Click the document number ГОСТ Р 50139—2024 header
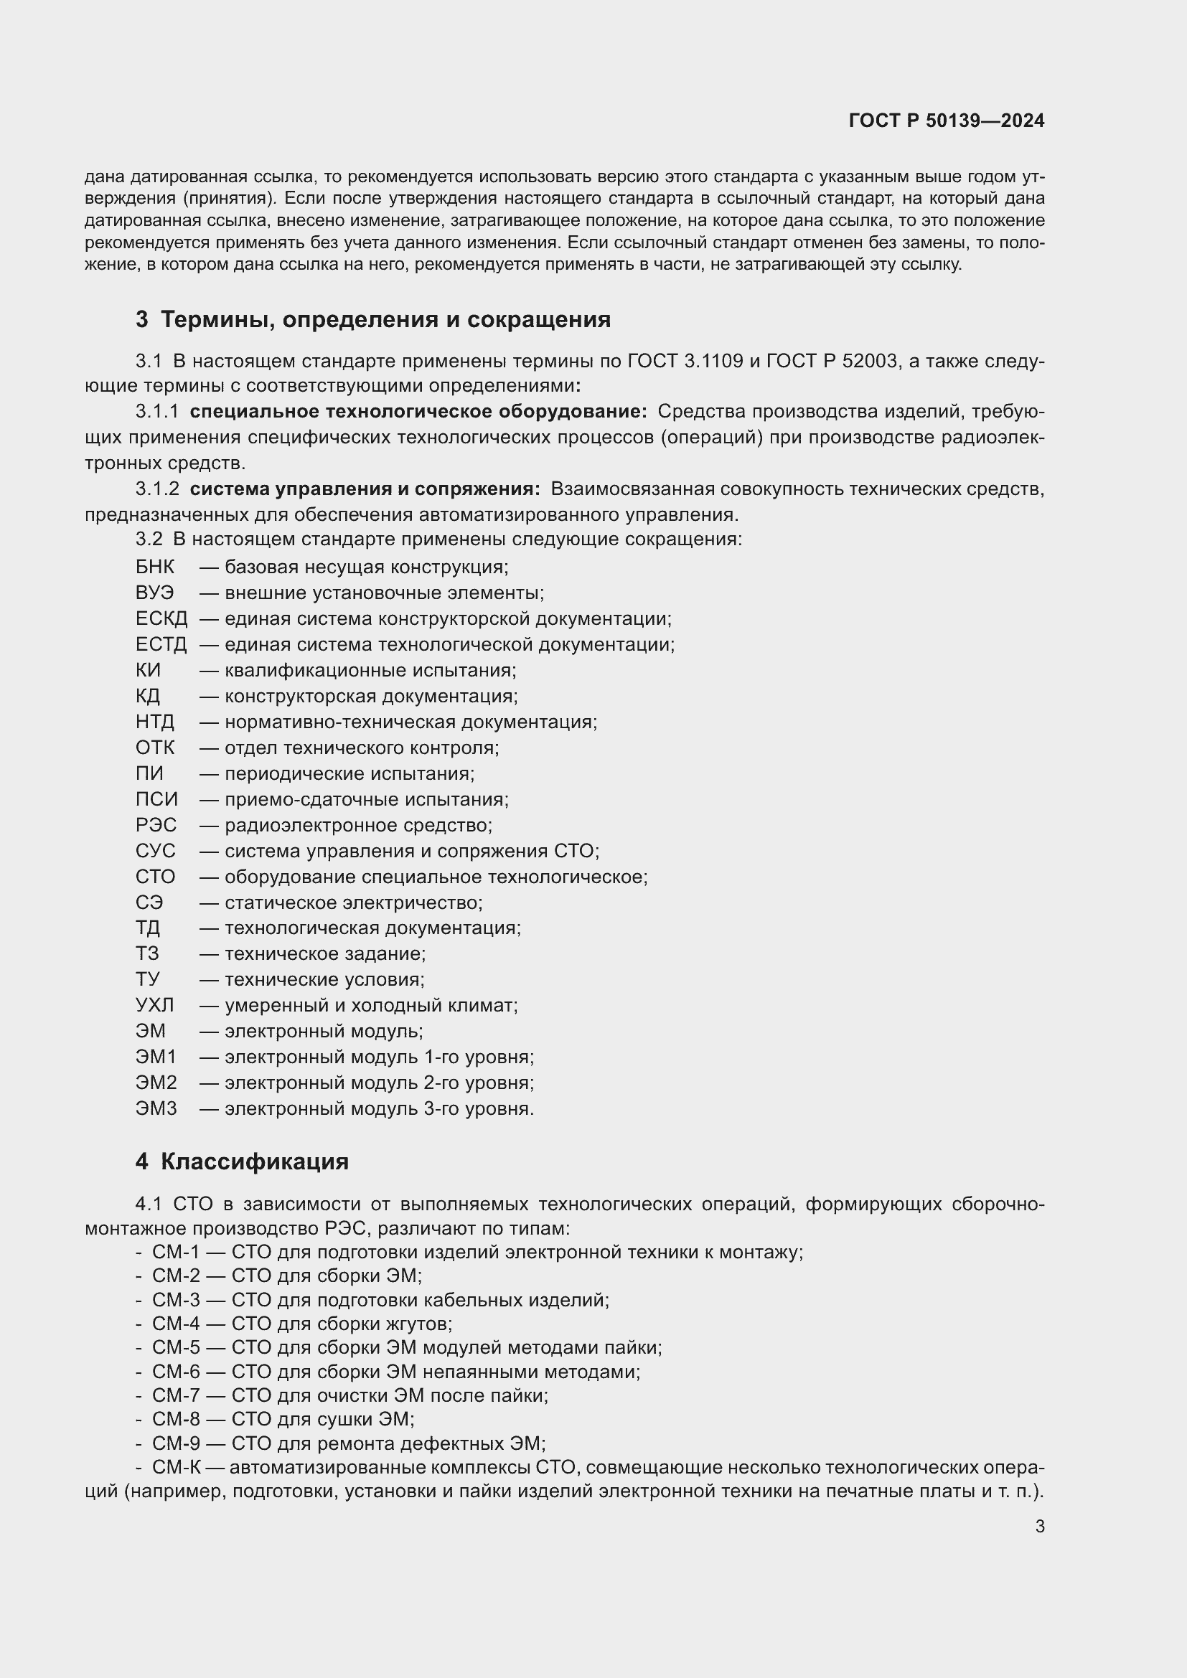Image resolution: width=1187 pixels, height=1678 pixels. pos(946,121)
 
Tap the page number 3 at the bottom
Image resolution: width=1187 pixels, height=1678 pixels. pos(1039,1526)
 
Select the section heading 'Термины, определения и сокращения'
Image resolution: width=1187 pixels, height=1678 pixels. pos(385,319)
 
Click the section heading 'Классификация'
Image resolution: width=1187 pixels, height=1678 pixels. pos(254,1161)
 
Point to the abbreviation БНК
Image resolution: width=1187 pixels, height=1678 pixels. pos(155,567)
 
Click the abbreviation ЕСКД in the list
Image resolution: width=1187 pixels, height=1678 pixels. pos(161,619)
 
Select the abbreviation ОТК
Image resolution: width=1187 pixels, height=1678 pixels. pos(155,748)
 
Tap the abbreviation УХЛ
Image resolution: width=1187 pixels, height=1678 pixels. pos(155,1005)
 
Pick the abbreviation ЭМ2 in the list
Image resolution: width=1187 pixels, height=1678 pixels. pos(156,1083)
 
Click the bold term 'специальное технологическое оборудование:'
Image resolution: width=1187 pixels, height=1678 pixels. pos(418,412)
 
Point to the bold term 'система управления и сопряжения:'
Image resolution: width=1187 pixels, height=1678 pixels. pos(365,489)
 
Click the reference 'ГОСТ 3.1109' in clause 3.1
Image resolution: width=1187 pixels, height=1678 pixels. pos(685,361)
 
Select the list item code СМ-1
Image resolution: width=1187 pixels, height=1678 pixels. pos(175,1252)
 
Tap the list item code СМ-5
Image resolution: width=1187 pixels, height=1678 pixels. pos(175,1348)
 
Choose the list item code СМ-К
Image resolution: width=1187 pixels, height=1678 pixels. pos(175,1467)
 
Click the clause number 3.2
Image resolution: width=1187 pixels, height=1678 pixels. pos(149,539)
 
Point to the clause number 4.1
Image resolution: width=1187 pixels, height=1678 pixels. pos(149,1204)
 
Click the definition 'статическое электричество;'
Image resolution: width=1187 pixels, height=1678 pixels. pos(353,902)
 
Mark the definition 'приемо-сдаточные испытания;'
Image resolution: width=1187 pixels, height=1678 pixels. pos(366,799)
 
